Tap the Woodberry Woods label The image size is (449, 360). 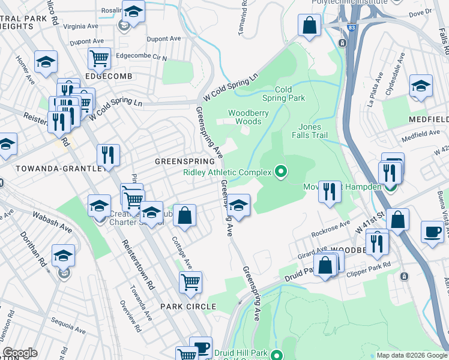(x=245, y=117)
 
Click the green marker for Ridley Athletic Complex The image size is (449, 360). (x=280, y=173)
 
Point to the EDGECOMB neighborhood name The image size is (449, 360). (x=107, y=76)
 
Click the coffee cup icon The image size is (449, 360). (x=432, y=232)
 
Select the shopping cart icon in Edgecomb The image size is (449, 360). (x=99, y=59)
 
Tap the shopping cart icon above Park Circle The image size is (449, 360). (x=190, y=281)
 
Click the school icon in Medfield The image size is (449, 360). (x=421, y=85)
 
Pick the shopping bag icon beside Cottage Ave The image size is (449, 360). (x=185, y=215)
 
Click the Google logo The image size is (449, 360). (x=20, y=353)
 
